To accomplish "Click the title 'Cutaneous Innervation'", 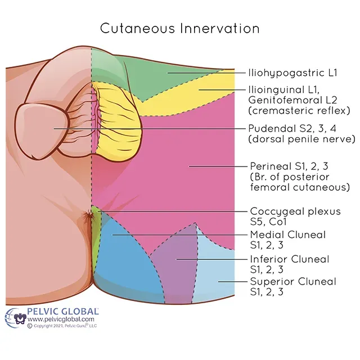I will pos(179,28).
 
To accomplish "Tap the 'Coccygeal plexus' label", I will pos(295,211).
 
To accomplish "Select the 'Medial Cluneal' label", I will pos(287,235).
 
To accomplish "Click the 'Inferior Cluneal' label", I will pos(289,259).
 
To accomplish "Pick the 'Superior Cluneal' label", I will pos(292,281).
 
